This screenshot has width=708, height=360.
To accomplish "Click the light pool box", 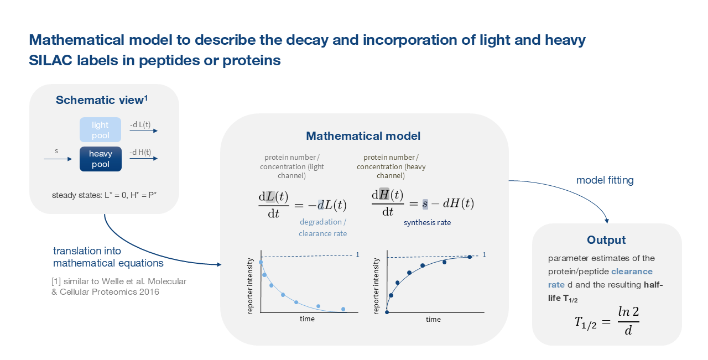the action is [100, 129].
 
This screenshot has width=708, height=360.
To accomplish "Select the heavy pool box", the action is [101, 159].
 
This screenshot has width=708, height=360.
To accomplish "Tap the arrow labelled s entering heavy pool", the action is [58, 159].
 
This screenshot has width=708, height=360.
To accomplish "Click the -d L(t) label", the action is [140, 124].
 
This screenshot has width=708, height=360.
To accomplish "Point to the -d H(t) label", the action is [140, 152].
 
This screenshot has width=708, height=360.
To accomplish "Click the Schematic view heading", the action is [101, 100].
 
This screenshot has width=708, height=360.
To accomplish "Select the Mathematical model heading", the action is [363, 136].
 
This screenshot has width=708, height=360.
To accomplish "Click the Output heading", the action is [606, 240].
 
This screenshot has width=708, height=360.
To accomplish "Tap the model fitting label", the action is [605, 180].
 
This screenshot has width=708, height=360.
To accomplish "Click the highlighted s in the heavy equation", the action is [425, 204].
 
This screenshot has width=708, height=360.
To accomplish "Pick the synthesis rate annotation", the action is [428, 222].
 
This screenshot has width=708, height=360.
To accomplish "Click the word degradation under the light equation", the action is [321, 222].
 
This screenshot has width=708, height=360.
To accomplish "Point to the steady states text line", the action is [105, 195].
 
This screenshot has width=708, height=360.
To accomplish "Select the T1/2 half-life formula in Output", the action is [607, 321].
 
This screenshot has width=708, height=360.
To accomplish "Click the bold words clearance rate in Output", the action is [600, 278].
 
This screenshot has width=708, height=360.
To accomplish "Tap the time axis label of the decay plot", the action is [307, 319].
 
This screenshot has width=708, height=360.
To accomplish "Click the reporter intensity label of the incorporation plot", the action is [376, 286].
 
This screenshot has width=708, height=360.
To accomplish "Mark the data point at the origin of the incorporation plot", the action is [387, 312].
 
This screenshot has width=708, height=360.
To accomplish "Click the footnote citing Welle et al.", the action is [119, 286].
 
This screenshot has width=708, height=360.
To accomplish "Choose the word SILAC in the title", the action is [50, 60].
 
